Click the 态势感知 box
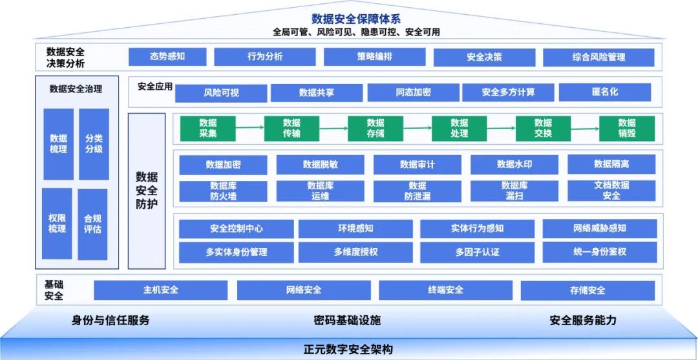point(167,56)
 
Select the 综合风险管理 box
point(598,57)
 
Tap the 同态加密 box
point(413,92)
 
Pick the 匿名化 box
point(604,92)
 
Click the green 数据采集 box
point(207,128)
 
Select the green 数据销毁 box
point(626,128)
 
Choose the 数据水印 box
point(514,164)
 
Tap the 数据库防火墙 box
point(223,191)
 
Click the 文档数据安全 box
point(611,191)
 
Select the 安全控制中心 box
point(236,228)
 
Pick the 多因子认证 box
point(477,251)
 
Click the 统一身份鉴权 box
point(599,251)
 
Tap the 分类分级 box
point(94,143)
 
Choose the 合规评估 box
point(92,224)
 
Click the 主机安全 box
point(160,290)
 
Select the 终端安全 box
point(445,290)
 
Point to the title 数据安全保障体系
point(355,18)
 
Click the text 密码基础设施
point(347,320)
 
